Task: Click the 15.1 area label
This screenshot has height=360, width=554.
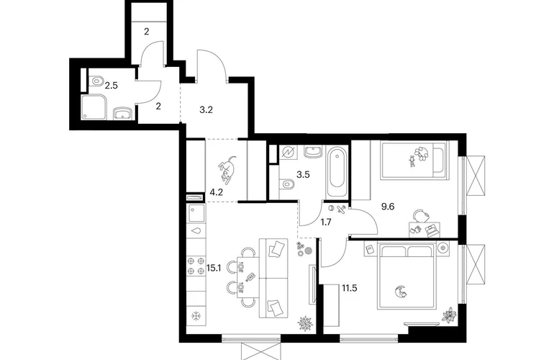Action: coord(214,268)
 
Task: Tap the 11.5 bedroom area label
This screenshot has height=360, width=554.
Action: coord(349,288)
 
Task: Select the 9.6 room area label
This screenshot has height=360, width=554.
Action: coord(388,207)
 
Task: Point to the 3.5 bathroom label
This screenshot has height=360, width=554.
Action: coord(303,174)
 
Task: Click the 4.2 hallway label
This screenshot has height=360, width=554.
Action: coord(217,192)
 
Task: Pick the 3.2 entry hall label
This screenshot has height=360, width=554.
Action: coord(206,109)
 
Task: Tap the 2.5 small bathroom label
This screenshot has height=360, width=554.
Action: coord(111,86)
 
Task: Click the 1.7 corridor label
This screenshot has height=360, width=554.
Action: coord(325,222)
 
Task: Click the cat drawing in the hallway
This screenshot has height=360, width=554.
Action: coord(227,168)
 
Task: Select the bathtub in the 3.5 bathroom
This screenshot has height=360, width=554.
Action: coord(337,172)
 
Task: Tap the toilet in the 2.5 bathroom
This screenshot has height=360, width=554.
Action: coord(96,81)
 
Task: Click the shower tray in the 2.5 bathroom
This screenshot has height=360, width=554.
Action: coord(94,107)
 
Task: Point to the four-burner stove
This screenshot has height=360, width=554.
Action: coord(196,266)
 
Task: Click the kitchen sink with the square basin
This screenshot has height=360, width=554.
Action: coord(196,213)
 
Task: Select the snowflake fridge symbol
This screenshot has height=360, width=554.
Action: coord(196,315)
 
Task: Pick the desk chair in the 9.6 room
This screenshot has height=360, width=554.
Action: coord(420,215)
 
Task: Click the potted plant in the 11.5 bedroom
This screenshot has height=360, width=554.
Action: coord(449,315)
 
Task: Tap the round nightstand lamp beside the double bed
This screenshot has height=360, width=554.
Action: coord(442,248)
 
